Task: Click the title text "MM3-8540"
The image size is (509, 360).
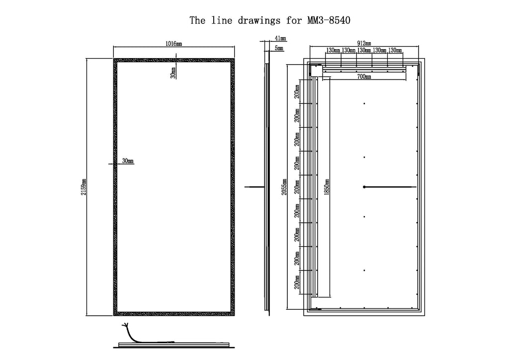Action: [x=329, y=20]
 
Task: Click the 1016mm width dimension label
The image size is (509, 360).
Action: [x=173, y=43]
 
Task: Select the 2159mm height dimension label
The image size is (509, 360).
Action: [x=84, y=187]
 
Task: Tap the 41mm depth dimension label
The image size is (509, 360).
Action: [x=280, y=38]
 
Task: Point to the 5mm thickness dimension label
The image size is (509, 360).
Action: [x=279, y=48]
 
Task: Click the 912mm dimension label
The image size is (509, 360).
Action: [x=364, y=43]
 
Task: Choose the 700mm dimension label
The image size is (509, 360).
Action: [x=364, y=77]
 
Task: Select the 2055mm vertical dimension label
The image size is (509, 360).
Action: [x=284, y=187]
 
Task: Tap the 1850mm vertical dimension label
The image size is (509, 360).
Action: [x=327, y=187]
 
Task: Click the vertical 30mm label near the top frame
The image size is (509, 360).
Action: [x=173, y=73]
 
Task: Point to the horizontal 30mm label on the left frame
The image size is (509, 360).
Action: [x=128, y=161]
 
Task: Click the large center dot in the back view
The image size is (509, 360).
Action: [x=364, y=187]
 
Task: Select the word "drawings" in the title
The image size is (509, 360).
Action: [x=259, y=21]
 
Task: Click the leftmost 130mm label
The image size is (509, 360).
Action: [x=333, y=50]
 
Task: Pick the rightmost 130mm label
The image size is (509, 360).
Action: [x=395, y=50]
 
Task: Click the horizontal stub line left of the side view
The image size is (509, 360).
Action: [x=254, y=187]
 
